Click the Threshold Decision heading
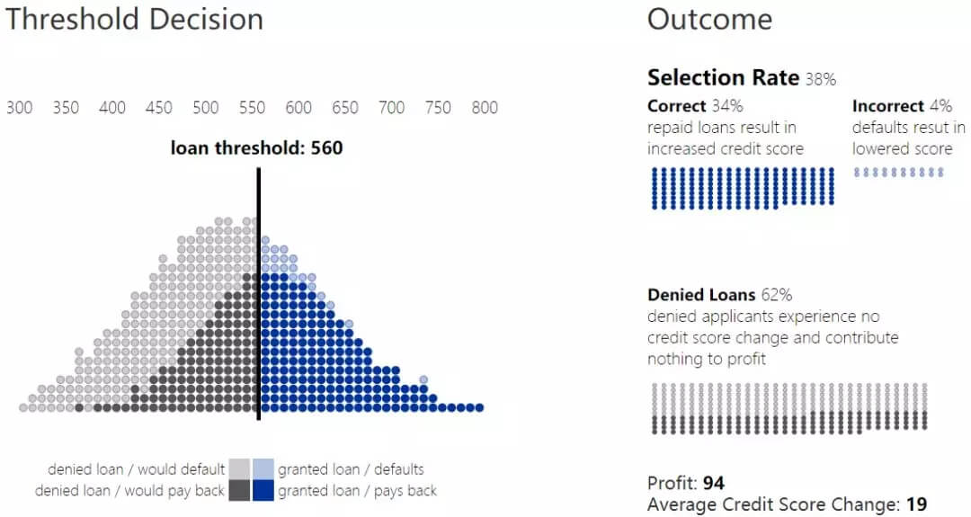click(x=135, y=20)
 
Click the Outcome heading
click(x=709, y=20)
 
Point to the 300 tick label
click(x=19, y=108)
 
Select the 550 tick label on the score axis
click(x=252, y=108)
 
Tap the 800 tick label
click(x=485, y=108)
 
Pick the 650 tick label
click(x=344, y=108)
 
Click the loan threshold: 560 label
click(x=256, y=147)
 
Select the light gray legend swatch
click(x=239, y=468)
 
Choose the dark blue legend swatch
click(x=263, y=490)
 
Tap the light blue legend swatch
click(x=263, y=468)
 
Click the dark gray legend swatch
click(x=239, y=490)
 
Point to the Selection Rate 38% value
click(x=820, y=79)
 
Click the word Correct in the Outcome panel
click(x=676, y=106)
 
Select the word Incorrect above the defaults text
click(x=887, y=106)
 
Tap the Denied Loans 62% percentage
click(x=778, y=295)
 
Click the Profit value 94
click(x=714, y=483)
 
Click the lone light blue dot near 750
click(x=423, y=379)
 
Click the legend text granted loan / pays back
click(x=357, y=491)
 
